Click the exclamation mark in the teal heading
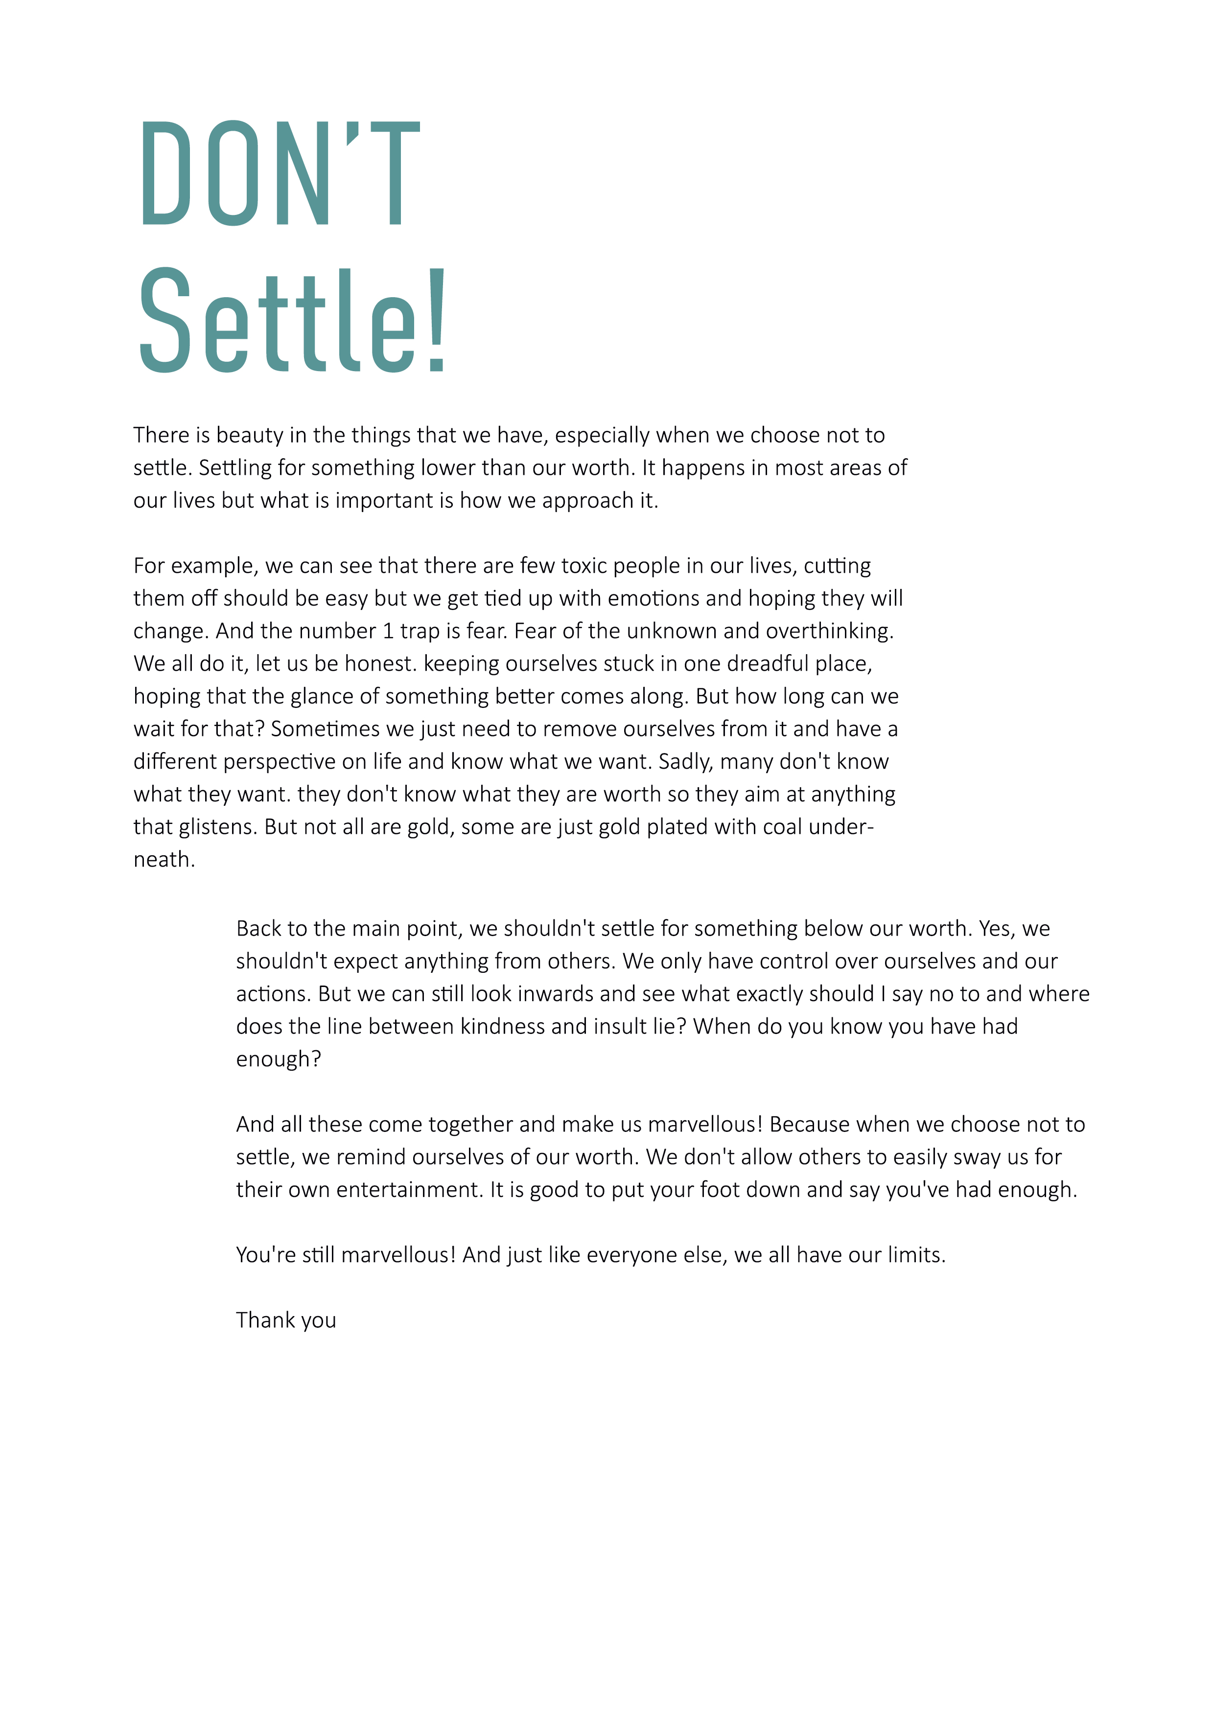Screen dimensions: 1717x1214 click(437, 322)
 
